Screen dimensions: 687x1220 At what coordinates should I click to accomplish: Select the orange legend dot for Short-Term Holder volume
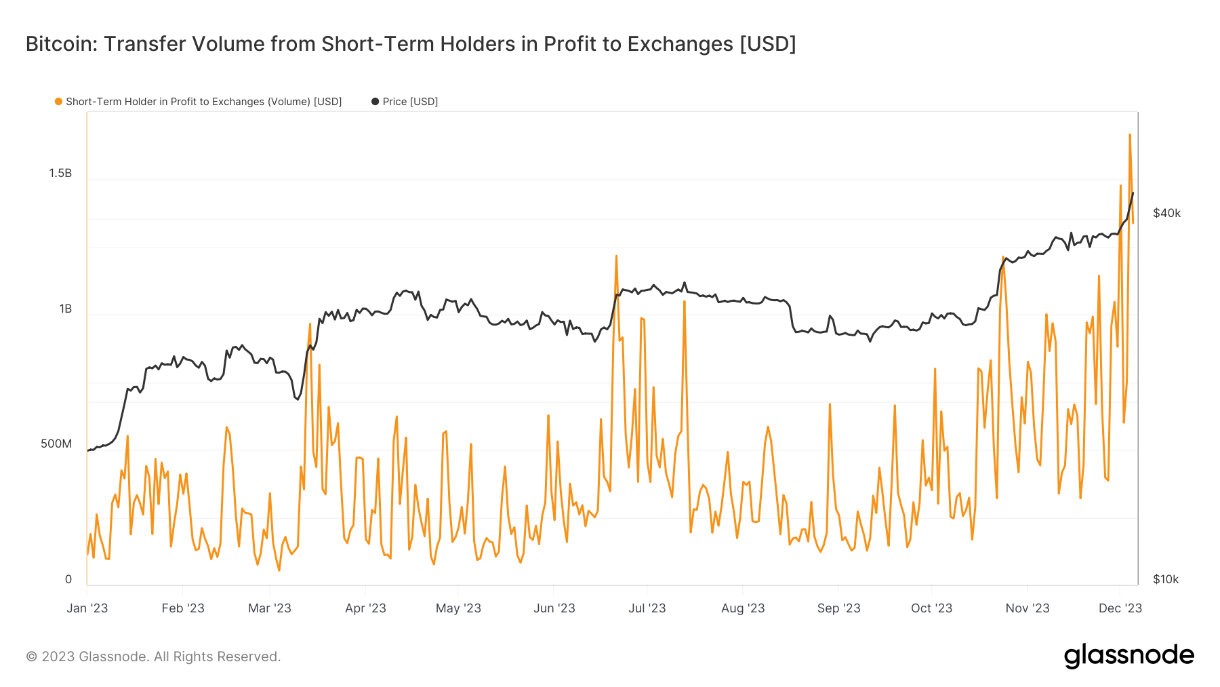pyautogui.click(x=58, y=102)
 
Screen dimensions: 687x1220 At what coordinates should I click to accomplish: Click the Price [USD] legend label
pyautogui.click(x=410, y=102)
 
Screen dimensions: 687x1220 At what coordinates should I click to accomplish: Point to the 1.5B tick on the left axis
pyautogui.click(x=60, y=174)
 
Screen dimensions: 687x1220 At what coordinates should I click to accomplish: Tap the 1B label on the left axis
pyautogui.click(x=65, y=309)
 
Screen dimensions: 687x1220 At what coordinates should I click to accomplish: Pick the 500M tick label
pyautogui.click(x=56, y=444)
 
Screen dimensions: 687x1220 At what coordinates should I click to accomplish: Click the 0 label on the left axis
pyautogui.click(x=68, y=580)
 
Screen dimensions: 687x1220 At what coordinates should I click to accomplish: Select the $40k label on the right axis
pyautogui.click(x=1166, y=214)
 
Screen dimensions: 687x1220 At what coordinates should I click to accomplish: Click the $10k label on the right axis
pyautogui.click(x=1166, y=580)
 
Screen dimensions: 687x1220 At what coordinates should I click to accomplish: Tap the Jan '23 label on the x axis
pyautogui.click(x=87, y=608)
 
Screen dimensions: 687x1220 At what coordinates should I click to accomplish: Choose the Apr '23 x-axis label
pyautogui.click(x=365, y=608)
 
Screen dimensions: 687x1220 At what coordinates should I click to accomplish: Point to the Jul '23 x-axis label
pyautogui.click(x=647, y=608)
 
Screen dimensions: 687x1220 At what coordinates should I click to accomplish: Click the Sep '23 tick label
pyautogui.click(x=838, y=608)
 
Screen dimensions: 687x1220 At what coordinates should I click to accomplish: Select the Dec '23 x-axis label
pyautogui.click(x=1120, y=608)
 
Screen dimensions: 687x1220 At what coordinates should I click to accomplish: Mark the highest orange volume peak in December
pyautogui.click(x=1130, y=135)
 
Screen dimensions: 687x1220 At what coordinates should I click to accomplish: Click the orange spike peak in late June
pyautogui.click(x=616, y=256)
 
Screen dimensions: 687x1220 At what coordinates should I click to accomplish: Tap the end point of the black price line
pyautogui.click(x=1133, y=193)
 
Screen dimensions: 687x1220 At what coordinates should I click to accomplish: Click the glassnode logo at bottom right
pyautogui.click(x=1128, y=656)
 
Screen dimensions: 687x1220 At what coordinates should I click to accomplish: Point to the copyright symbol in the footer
pyautogui.click(x=31, y=657)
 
